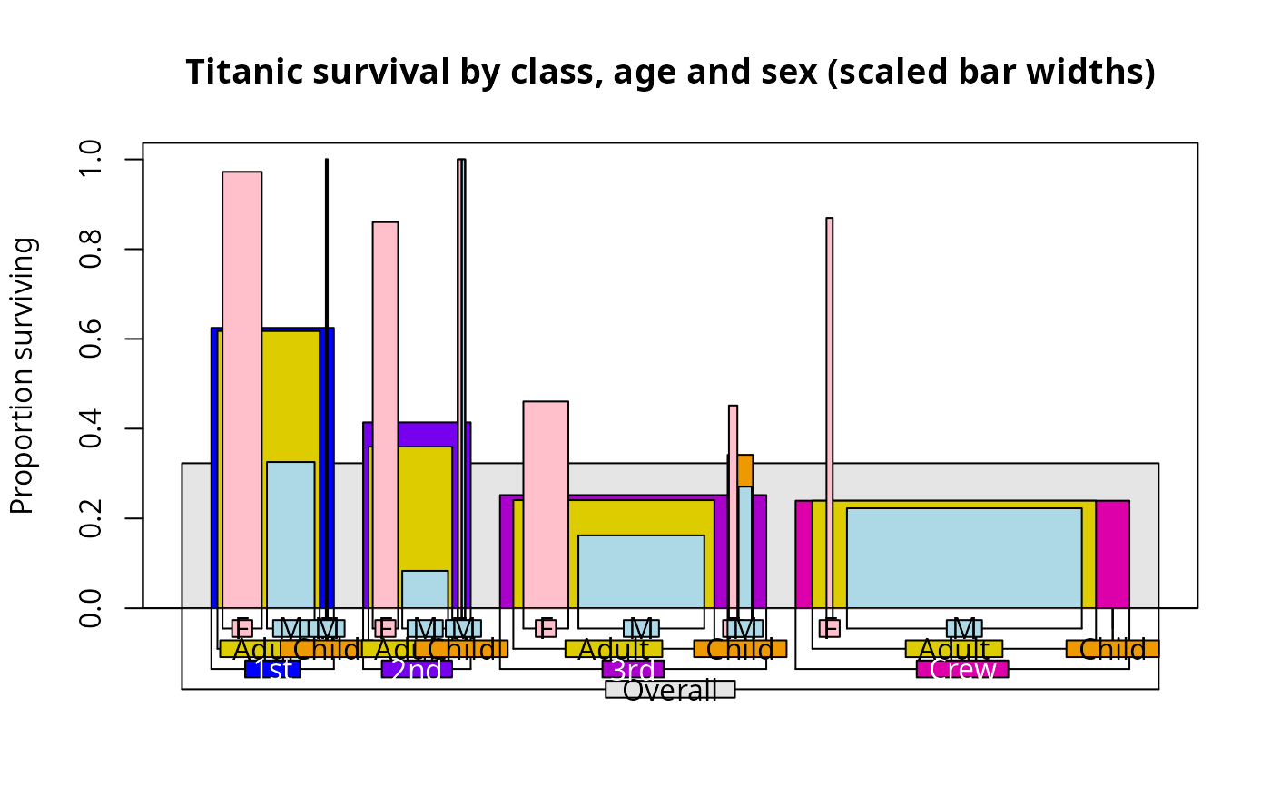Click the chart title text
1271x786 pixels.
click(x=670, y=72)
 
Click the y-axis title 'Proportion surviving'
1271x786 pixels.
click(x=24, y=375)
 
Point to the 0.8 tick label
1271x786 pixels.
click(x=91, y=249)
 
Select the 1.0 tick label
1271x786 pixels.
click(x=91, y=160)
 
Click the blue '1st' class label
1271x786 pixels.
click(x=272, y=670)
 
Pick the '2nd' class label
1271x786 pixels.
click(x=417, y=670)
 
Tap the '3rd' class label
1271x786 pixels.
click(x=633, y=670)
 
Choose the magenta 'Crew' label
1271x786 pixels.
click(x=962, y=670)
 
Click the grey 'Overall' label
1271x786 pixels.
click(x=670, y=690)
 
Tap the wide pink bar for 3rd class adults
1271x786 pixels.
click(x=546, y=499)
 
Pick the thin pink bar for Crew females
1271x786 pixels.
click(x=829, y=408)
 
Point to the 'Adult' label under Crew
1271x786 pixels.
click(x=953, y=649)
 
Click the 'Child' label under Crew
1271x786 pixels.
click(x=1112, y=649)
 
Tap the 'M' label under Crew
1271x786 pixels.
click(x=964, y=628)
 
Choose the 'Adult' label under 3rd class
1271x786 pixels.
click(x=614, y=649)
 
